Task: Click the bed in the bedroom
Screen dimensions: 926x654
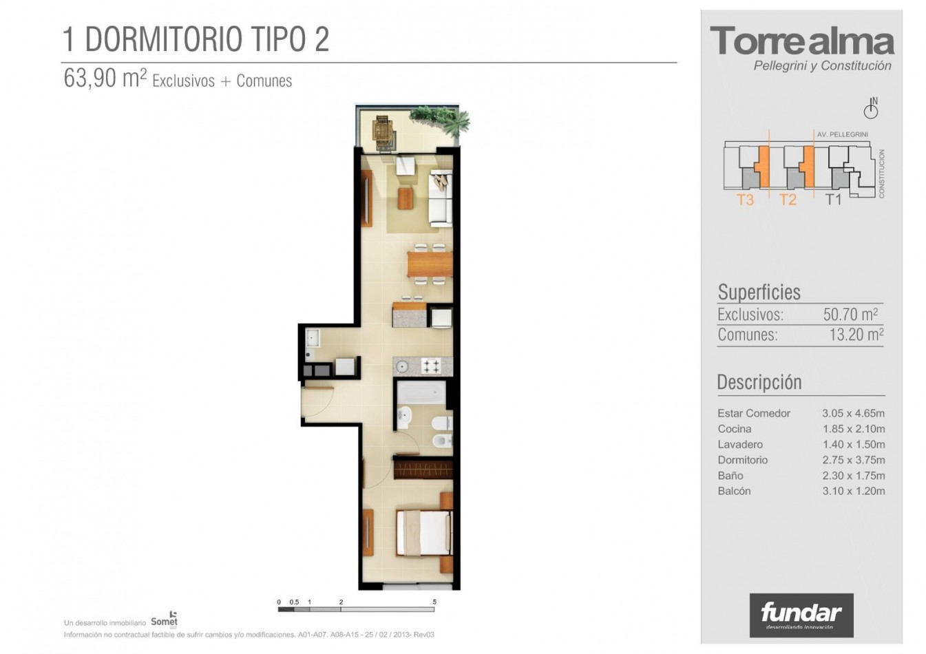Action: pos(424,533)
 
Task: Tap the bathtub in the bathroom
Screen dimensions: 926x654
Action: pos(421,392)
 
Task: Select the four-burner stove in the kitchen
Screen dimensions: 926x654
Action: pos(431,366)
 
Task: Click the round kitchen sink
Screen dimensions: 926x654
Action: pos(401,366)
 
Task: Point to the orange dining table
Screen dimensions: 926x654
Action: pos(430,264)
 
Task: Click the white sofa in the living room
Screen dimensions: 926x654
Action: pos(441,198)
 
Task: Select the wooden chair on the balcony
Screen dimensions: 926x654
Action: pos(384,133)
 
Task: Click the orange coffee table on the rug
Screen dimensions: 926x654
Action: pos(405,198)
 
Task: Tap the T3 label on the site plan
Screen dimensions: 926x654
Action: pos(746,200)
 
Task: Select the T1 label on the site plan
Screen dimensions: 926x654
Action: pos(833,200)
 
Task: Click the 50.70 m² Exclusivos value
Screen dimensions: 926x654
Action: pos(850,315)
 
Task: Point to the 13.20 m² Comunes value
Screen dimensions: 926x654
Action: pos(856,335)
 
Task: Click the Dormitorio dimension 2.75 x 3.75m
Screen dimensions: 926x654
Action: pos(853,460)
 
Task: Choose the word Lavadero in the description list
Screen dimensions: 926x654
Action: pos(740,445)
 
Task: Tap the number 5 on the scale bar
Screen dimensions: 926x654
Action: pos(434,602)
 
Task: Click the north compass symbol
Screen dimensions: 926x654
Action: pos(871,108)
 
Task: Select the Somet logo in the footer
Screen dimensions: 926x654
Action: pos(164,620)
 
